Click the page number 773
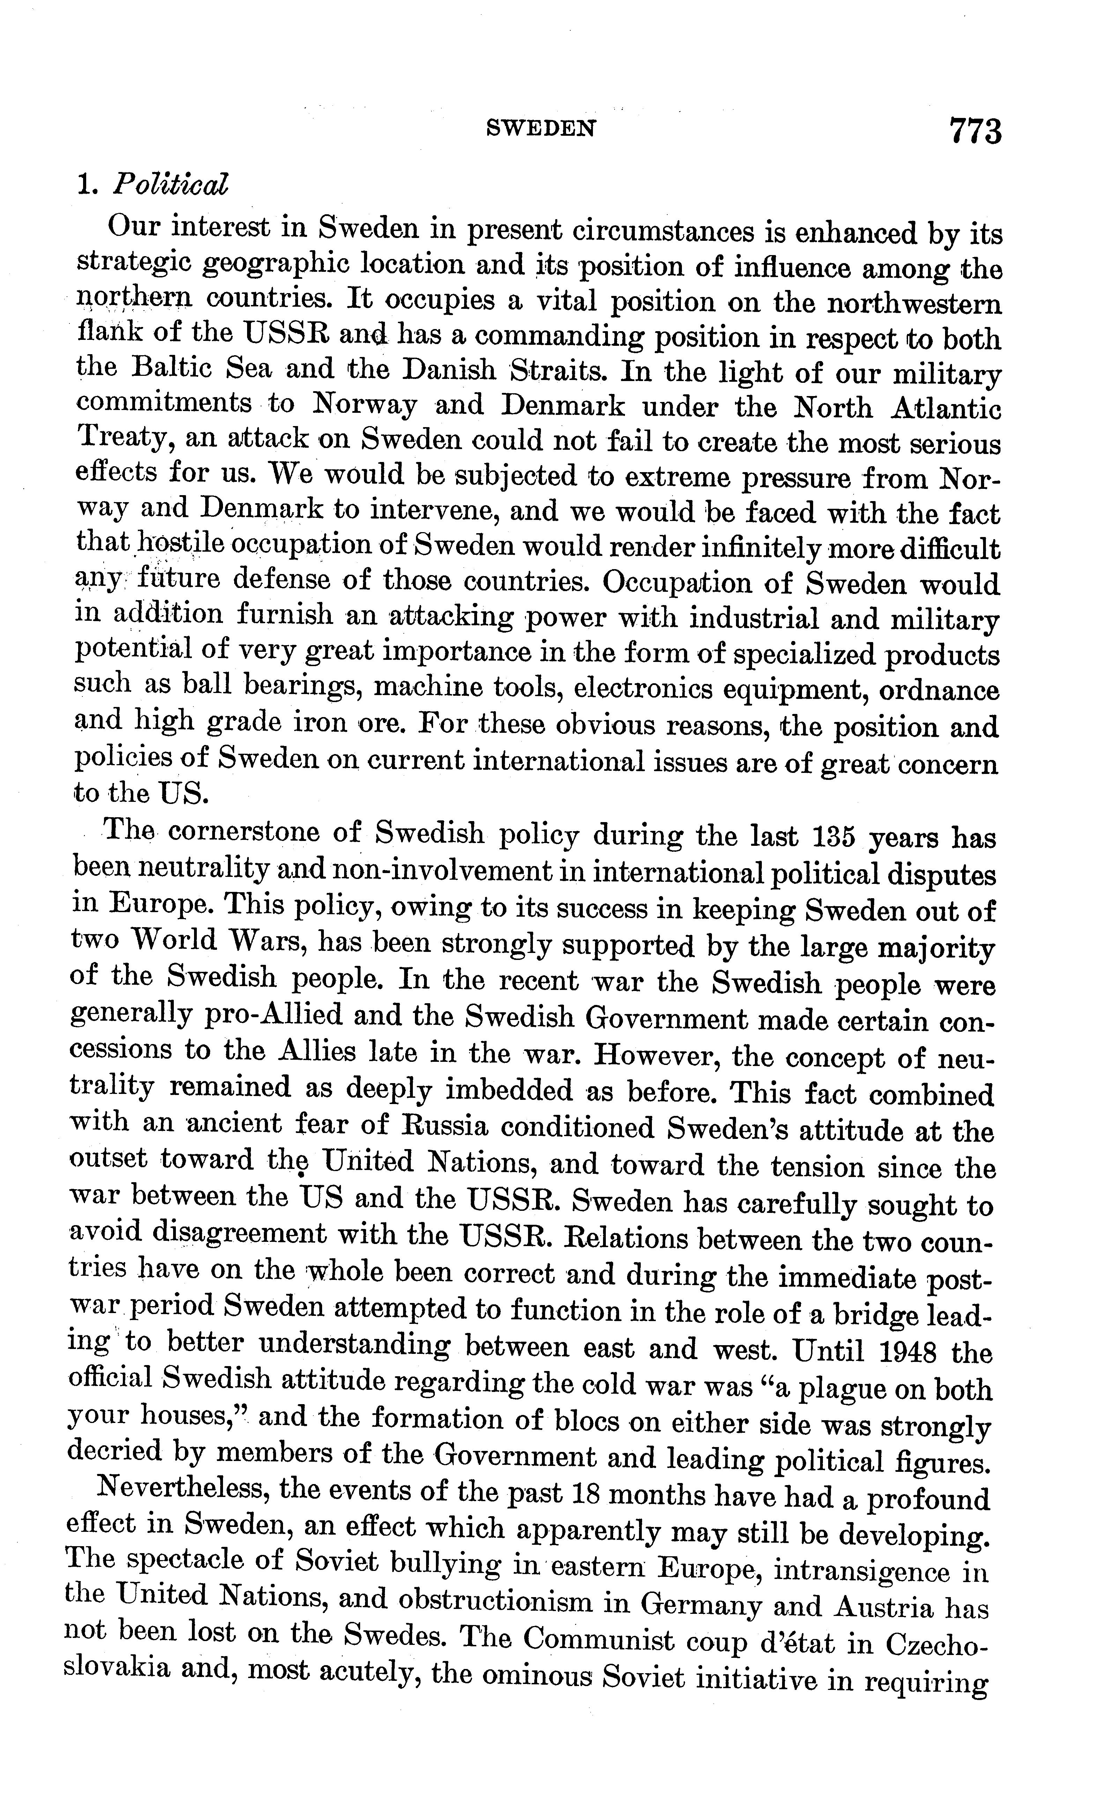click(975, 132)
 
